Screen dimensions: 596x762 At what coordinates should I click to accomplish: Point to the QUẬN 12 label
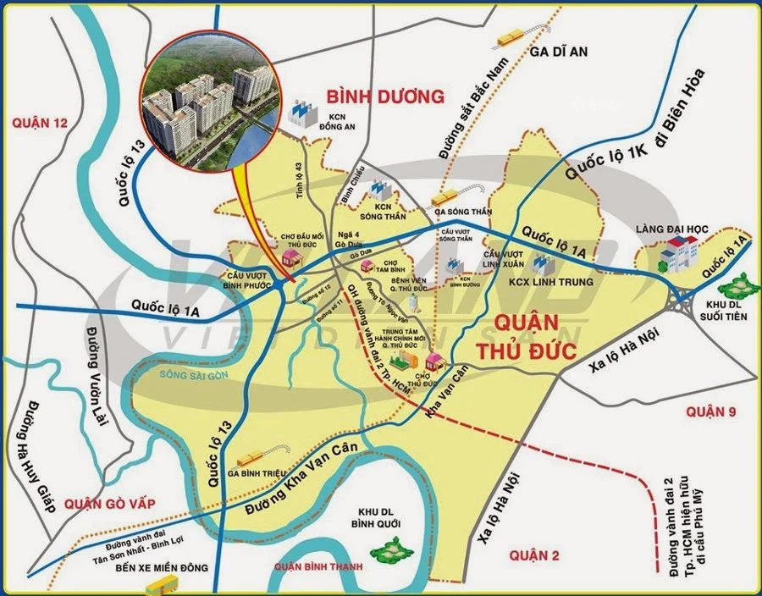[39, 123]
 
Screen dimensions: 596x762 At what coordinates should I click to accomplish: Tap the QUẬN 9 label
[711, 411]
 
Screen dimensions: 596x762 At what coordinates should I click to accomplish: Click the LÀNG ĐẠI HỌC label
[676, 229]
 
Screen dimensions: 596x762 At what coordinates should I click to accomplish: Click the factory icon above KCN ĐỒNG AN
[303, 111]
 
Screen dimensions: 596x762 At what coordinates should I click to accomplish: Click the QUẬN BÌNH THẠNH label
[317, 566]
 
